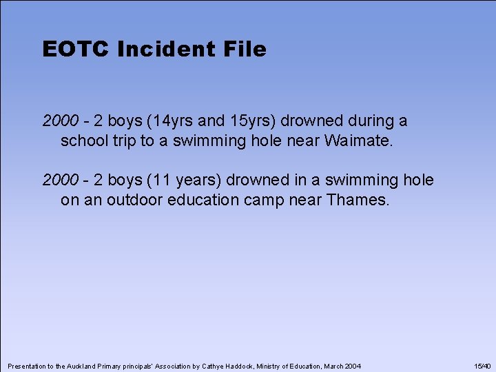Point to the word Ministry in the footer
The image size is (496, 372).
(271, 365)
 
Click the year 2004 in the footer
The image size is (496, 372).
(351, 365)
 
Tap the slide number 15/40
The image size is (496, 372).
(482, 365)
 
